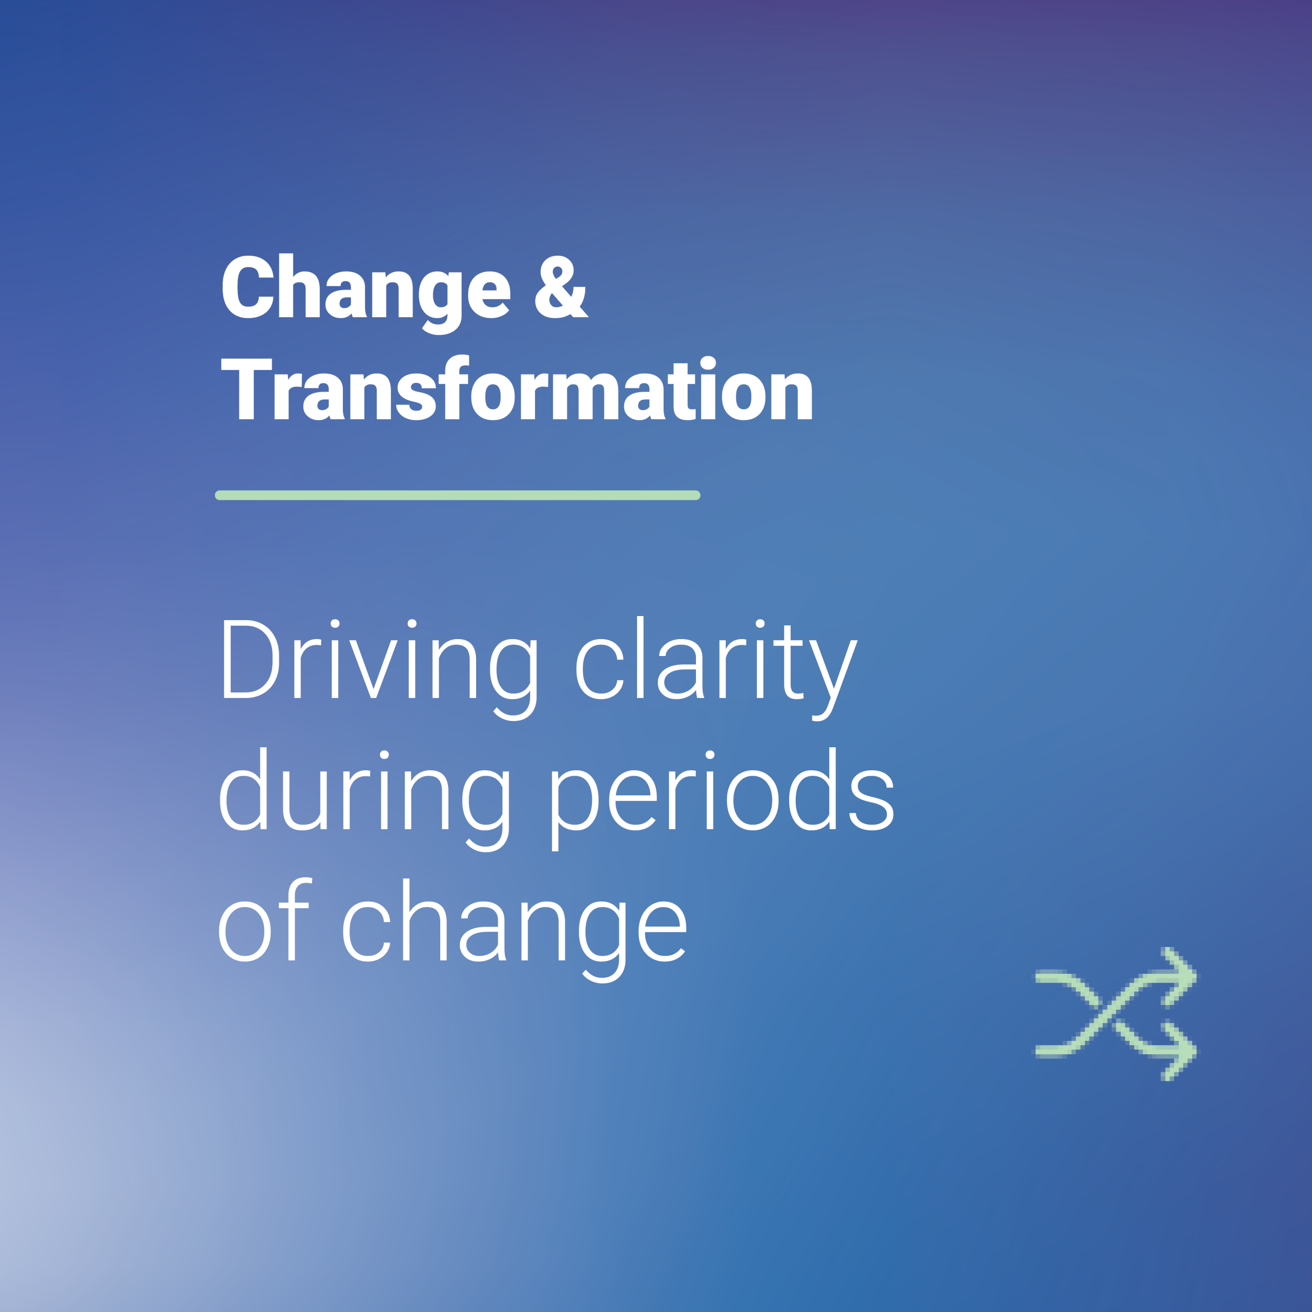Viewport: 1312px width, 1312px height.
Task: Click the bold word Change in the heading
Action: pyautogui.click(x=366, y=293)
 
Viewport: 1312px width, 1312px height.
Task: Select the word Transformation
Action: pyautogui.click(x=517, y=387)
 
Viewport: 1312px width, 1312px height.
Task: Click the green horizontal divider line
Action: pyautogui.click(x=458, y=495)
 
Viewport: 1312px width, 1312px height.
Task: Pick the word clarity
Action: pyautogui.click(x=716, y=668)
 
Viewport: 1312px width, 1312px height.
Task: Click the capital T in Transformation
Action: pyautogui.click(x=247, y=388)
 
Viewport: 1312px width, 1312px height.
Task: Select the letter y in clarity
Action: pyautogui.click(x=835, y=680)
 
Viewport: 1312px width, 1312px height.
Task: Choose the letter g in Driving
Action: pyautogui.click(x=514, y=680)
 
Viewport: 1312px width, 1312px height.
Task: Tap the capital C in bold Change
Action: pyautogui.click(x=248, y=286)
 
